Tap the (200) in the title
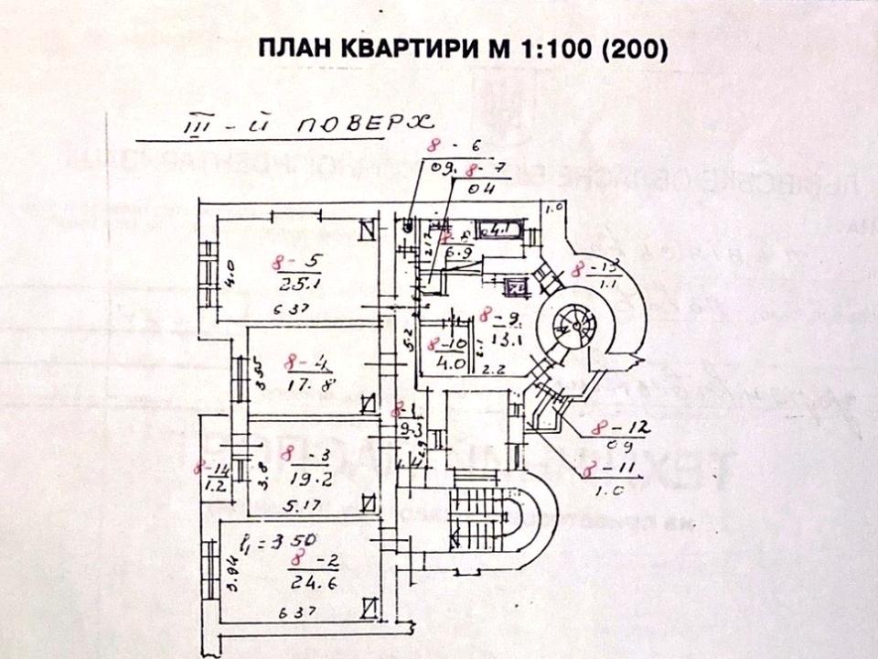pos(635,49)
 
